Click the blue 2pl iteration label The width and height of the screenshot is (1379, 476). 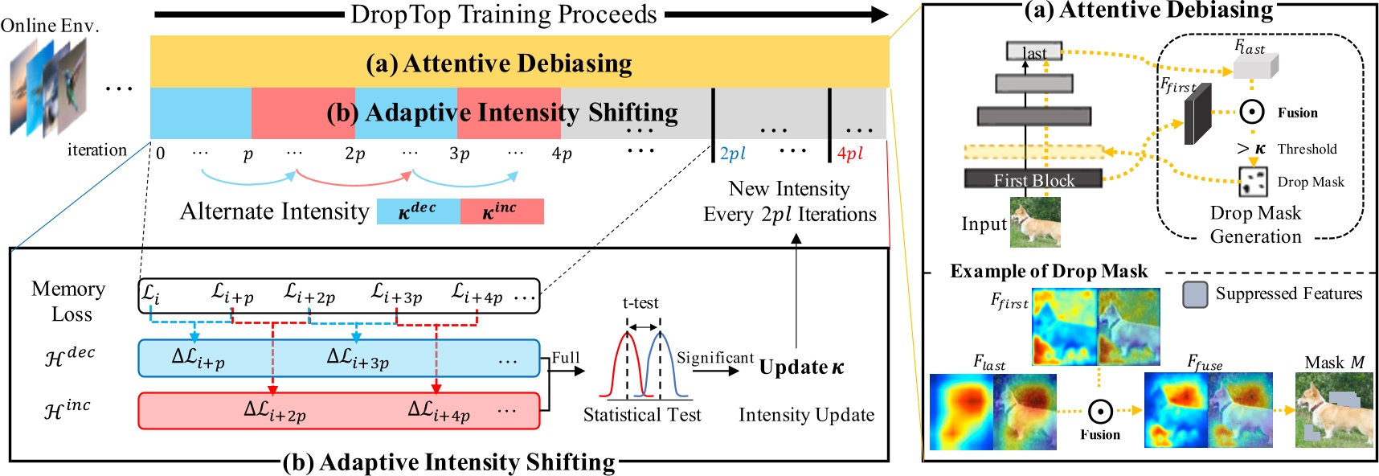pyautogui.click(x=732, y=154)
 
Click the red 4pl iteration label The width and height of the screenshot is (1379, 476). pyautogui.click(x=849, y=154)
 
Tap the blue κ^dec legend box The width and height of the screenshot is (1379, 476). pyautogui.click(x=418, y=211)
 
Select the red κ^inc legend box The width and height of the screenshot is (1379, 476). pyautogui.click(x=501, y=211)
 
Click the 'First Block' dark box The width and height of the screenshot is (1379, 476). pyautogui.click(x=1033, y=179)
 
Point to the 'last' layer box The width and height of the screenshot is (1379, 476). pyautogui.click(x=1033, y=52)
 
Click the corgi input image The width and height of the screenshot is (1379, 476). pyautogui.click(x=1035, y=222)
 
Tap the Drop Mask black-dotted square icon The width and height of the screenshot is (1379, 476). pyautogui.click(x=1252, y=182)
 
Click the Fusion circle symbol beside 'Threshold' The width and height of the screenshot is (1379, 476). pyautogui.click(x=1251, y=113)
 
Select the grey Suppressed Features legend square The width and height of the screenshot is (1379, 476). pyautogui.click(x=1195, y=294)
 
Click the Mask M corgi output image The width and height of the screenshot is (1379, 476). pyautogui.click(x=1333, y=410)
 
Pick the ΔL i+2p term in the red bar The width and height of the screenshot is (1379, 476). pyautogui.click(x=275, y=412)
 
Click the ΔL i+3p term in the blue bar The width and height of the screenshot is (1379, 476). pyautogui.click(x=358, y=359)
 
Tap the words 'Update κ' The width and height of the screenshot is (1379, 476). pyautogui.click(x=801, y=367)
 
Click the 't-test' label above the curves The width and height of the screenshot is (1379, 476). pyautogui.click(x=640, y=303)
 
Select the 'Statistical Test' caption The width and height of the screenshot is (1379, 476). pyautogui.click(x=641, y=415)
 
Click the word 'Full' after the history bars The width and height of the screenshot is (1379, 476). pyautogui.click(x=565, y=358)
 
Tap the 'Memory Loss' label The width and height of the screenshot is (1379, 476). pyautogui.click(x=70, y=302)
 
